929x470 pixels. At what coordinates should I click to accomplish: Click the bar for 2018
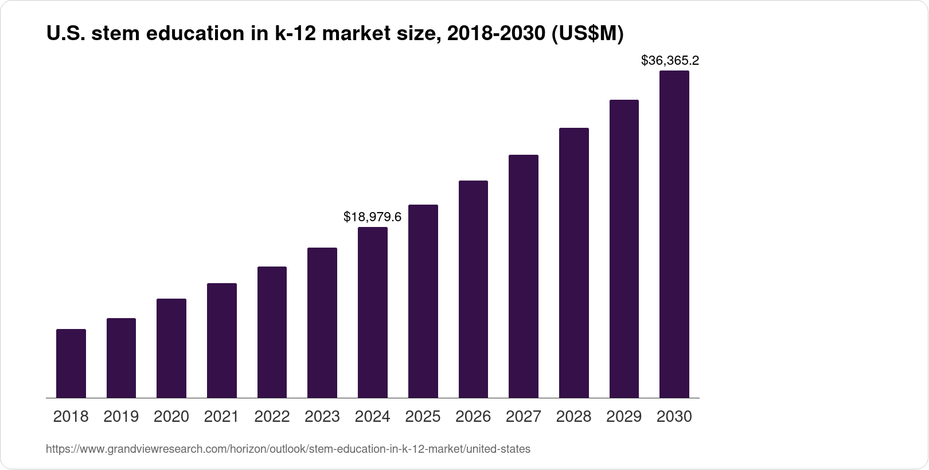click(x=71, y=363)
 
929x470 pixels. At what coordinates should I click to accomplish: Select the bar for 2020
click(x=171, y=348)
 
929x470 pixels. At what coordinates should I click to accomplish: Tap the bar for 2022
click(x=272, y=332)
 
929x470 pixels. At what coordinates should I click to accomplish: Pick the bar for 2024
click(x=373, y=312)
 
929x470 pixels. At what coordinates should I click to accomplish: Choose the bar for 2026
click(x=473, y=289)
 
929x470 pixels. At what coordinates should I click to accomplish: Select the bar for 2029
click(x=624, y=249)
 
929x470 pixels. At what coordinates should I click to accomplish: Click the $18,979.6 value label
click(x=372, y=217)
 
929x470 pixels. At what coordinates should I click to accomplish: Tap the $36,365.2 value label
click(x=670, y=60)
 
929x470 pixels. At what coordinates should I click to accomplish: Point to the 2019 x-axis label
click(x=121, y=417)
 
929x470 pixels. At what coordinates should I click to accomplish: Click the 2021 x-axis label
click(x=221, y=417)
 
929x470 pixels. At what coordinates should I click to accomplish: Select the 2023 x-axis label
click(x=322, y=417)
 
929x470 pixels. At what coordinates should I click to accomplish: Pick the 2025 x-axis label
click(x=423, y=417)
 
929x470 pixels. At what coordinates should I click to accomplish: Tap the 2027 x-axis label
click(x=524, y=417)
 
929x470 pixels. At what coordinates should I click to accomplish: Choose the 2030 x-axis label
click(x=674, y=417)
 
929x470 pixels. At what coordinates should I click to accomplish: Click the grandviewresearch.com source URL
click(x=288, y=449)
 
